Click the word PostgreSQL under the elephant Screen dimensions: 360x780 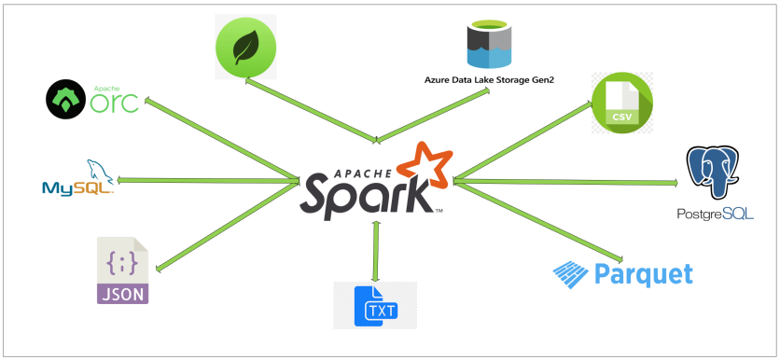(x=715, y=215)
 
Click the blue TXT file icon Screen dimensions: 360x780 (x=374, y=305)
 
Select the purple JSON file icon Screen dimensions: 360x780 (x=122, y=270)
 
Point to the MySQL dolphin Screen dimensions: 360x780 (x=98, y=170)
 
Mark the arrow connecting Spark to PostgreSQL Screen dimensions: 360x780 (x=565, y=181)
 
